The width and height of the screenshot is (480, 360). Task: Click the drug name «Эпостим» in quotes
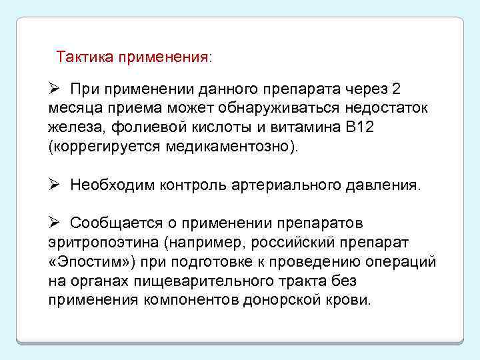pyautogui.click(x=81, y=261)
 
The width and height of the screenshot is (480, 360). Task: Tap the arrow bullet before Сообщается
pyautogui.click(x=55, y=222)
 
